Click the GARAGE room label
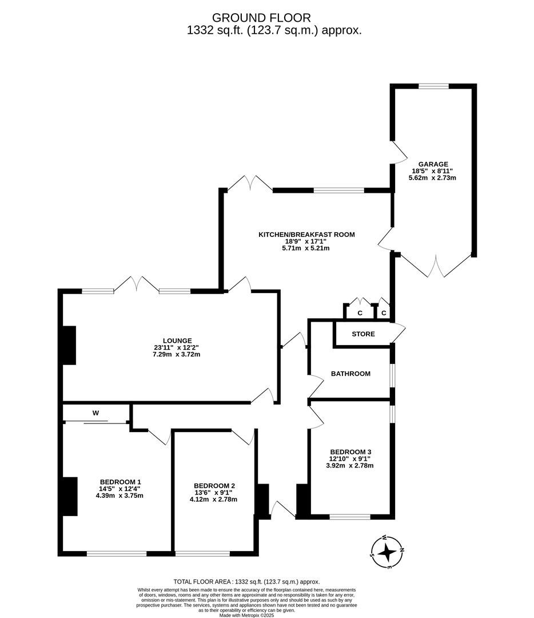432,164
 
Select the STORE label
363,334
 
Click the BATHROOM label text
350,374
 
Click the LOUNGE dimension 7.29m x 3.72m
176,355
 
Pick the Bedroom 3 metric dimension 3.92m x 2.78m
349,466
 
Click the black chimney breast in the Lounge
69,345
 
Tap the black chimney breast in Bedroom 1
70,496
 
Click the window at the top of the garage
433,86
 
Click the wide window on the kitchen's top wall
338,190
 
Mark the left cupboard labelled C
360,313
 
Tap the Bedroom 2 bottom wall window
202,553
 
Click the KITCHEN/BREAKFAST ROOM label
306,235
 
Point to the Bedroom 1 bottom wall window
116,553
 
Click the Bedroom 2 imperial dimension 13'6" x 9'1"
213,492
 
